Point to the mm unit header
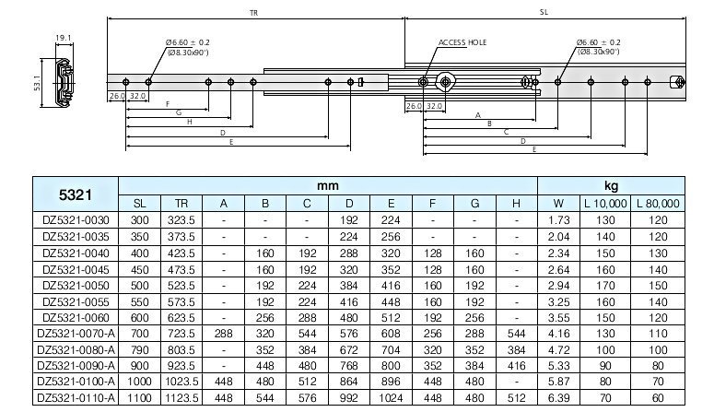[328, 186]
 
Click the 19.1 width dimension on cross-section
[63, 38]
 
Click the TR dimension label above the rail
[253, 13]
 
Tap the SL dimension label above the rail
[544, 13]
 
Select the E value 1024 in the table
[392, 398]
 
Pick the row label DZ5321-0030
[76, 220]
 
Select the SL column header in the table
[139, 204]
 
